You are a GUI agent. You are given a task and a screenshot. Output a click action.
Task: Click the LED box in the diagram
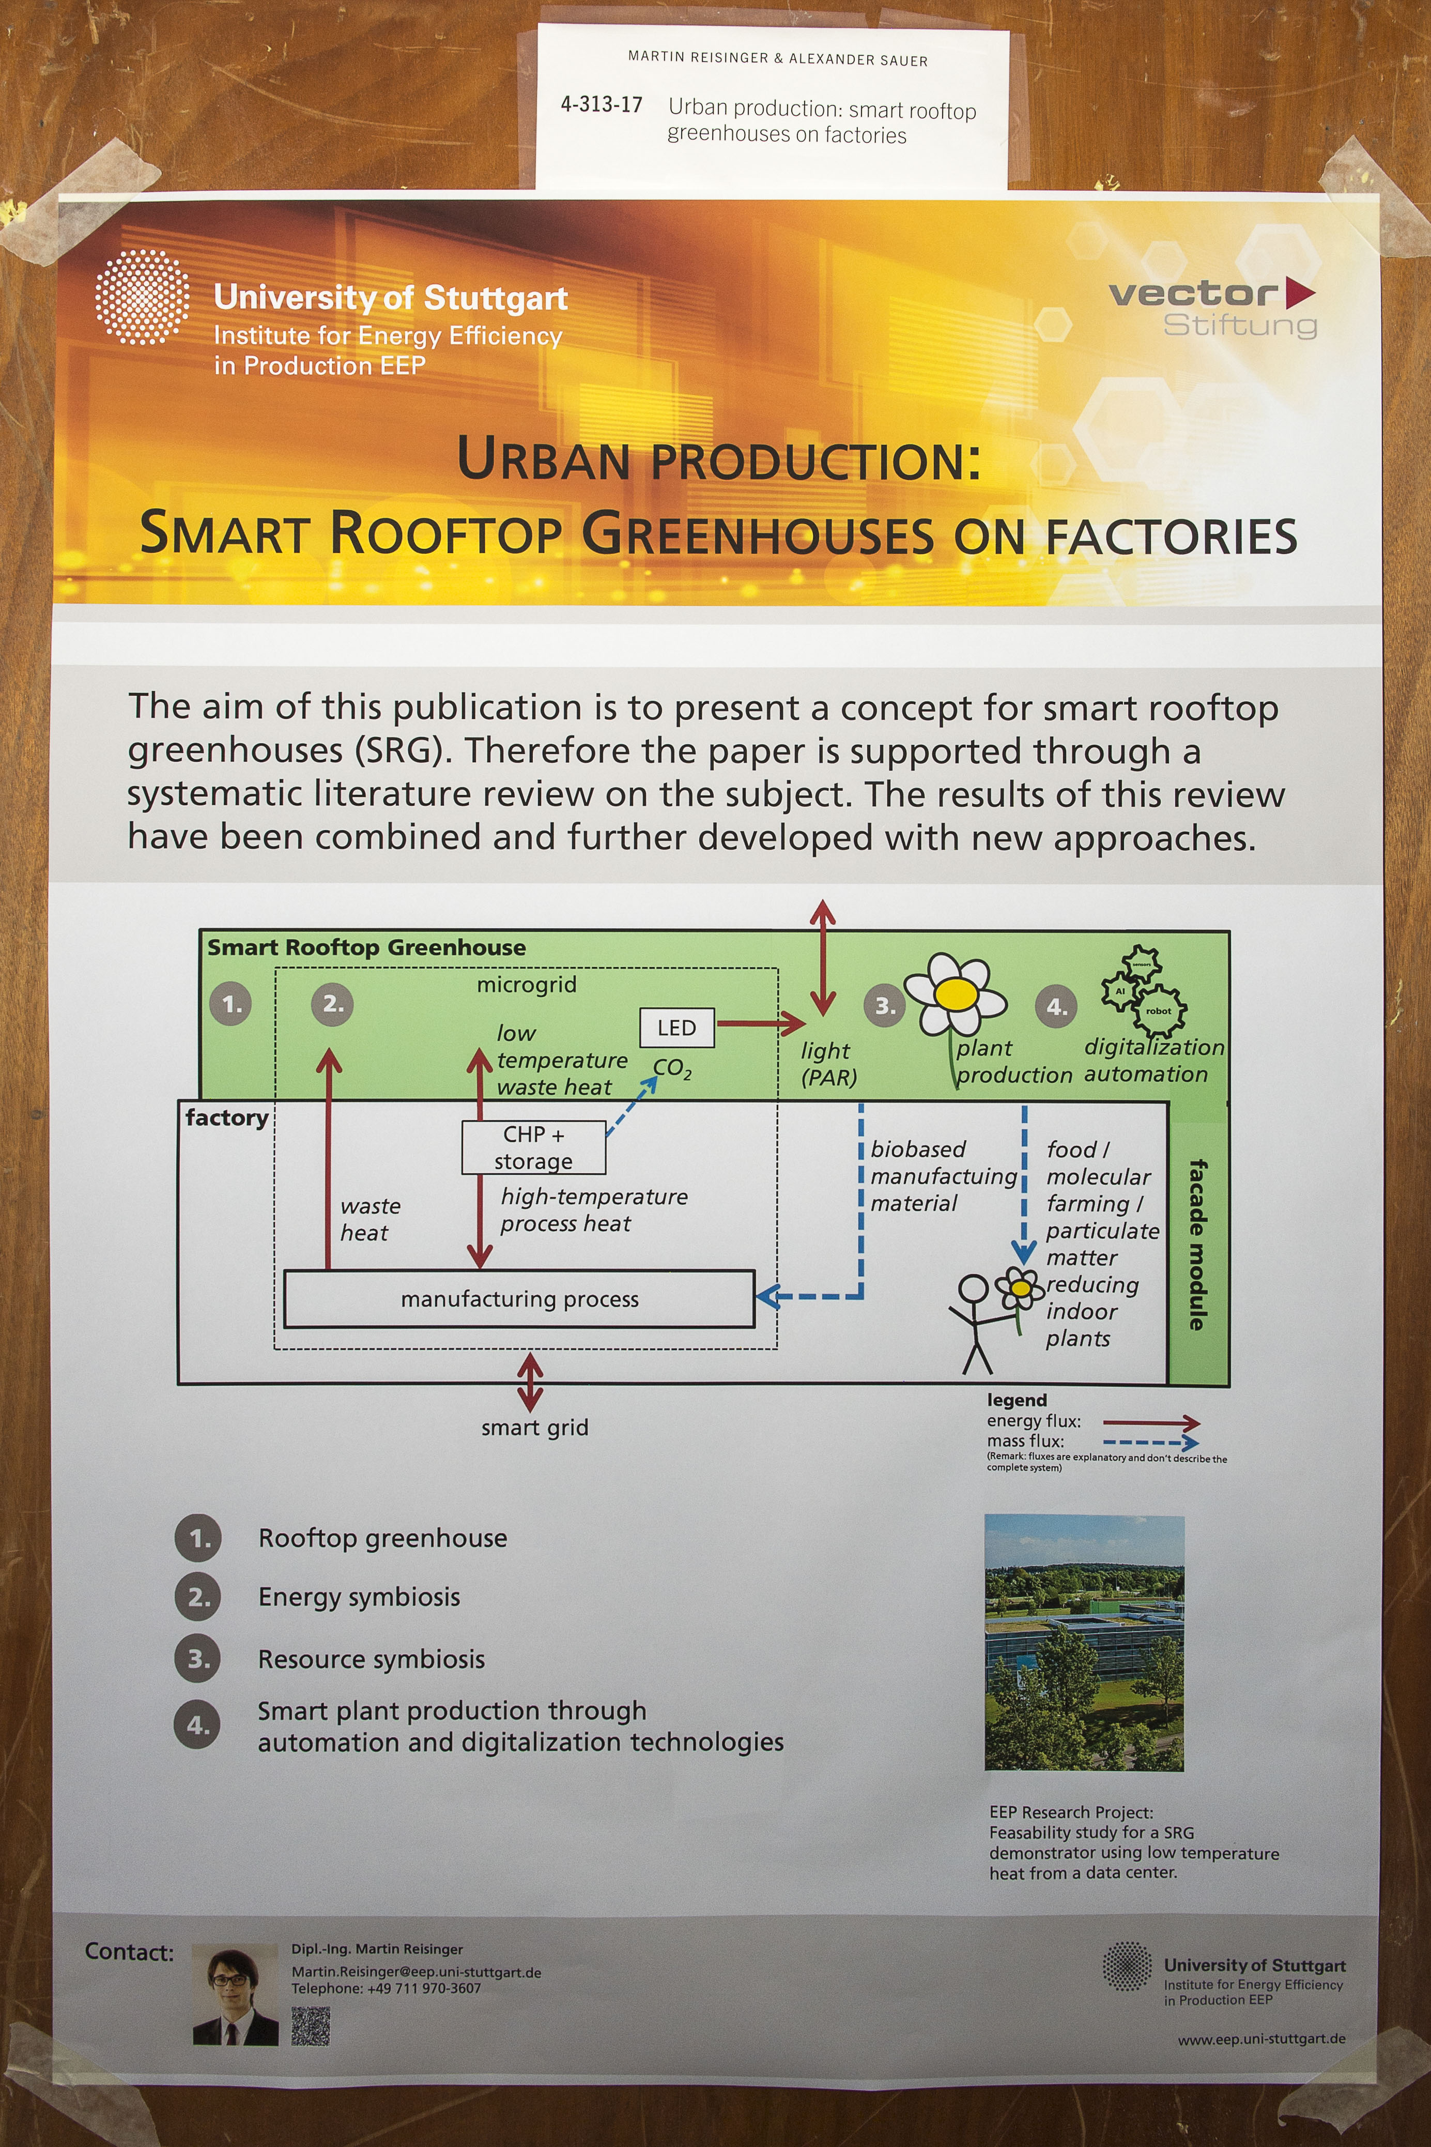[676, 1028]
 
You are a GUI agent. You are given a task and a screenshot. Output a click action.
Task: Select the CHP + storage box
[534, 1147]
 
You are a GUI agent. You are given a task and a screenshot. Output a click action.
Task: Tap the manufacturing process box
[519, 1298]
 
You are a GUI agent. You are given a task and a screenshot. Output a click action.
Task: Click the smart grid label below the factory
[535, 1427]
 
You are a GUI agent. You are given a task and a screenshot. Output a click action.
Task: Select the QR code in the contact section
[310, 2026]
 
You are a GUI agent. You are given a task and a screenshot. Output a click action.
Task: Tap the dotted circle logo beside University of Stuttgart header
[142, 298]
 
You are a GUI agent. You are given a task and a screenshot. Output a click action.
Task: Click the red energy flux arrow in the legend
[1151, 1422]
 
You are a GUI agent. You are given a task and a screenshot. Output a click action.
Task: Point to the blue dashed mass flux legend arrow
[1151, 1443]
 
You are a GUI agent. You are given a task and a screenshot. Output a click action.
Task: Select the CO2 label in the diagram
[672, 1068]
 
